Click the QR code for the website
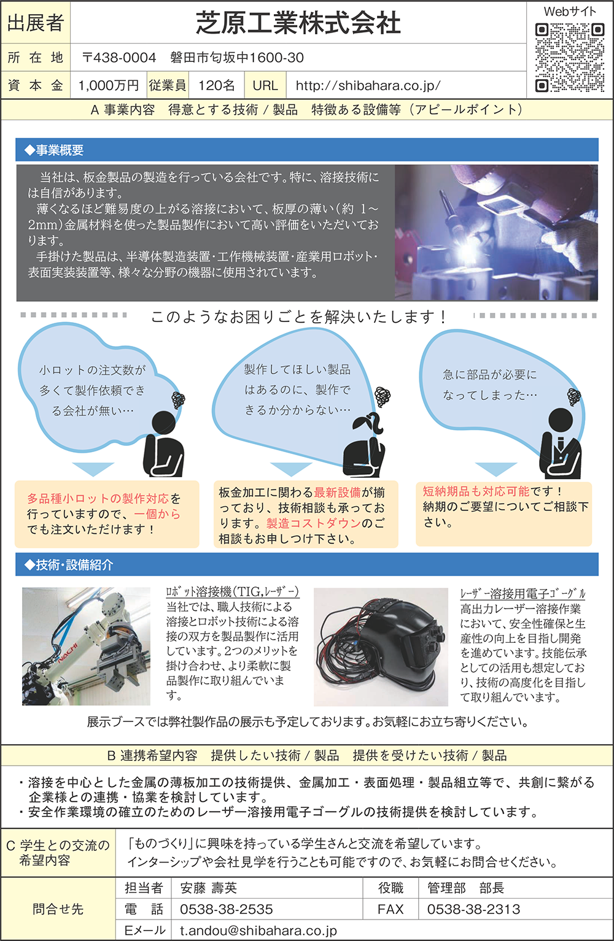(569, 58)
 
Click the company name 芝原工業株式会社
(298, 23)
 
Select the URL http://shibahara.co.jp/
(368, 85)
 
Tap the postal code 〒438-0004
(119, 58)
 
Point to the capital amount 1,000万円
(109, 85)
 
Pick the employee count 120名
(217, 85)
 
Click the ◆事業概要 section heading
(54, 150)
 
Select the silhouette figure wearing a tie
(561, 443)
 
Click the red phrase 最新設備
(337, 493)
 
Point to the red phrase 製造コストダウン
(314, 523)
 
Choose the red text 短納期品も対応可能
(476, 491)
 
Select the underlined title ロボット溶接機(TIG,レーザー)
(233, 592)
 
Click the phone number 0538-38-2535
(226, 909)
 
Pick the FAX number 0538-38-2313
(473, 909)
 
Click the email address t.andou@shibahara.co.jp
(258, 931)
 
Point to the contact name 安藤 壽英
(209, 888)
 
